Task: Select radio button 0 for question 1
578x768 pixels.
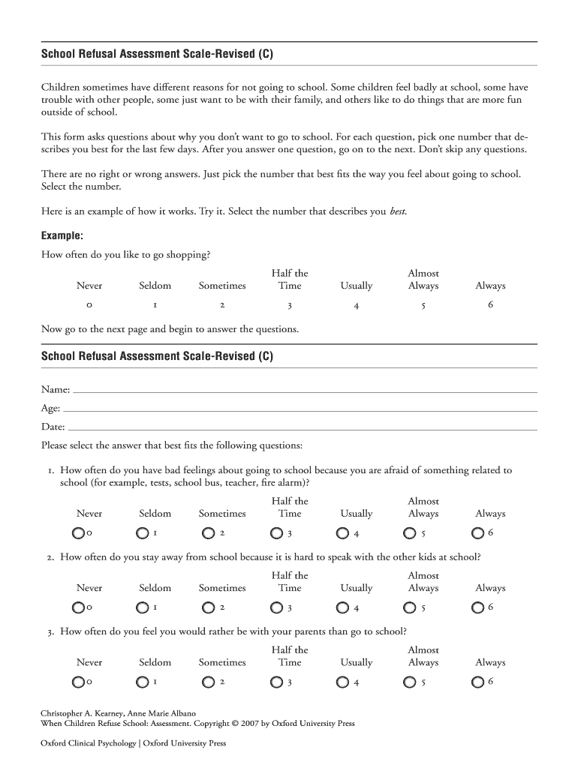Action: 78,533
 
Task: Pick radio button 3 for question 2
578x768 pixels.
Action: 277,607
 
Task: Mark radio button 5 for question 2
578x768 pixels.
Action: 410,607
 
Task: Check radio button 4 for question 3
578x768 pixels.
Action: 343,682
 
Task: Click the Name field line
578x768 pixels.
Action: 304,390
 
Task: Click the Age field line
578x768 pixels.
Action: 300,409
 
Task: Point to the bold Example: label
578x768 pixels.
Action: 62,235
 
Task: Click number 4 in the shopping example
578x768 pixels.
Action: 357,306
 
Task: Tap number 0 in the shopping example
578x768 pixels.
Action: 89,306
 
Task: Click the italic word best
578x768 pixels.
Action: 398,211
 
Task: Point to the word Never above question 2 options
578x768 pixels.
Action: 89,588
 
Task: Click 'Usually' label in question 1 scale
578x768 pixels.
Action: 357,514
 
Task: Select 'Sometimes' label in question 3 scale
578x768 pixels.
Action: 222,662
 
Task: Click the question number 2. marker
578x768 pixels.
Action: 50,557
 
